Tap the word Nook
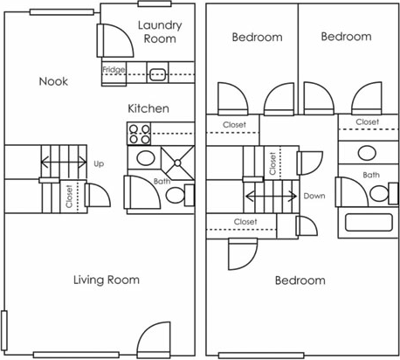pyautogui.click(x=53, y=81)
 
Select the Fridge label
pyautogui.click(x=113, y=70)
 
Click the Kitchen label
pyautogui.click(x=148, y=108)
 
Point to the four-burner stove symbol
pyautogui.click(x=139, y=134)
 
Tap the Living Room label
pyautogui.click(x=106, y=280)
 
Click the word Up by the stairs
pyautogui.click(x=98, y=163)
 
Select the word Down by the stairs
pyautogui.click(x=314, y=196)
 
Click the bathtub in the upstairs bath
pyautogui.click(x=371, y=222)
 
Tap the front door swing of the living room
pyautogui.click(x=154, y=339)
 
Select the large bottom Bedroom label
pyautogui.click(x=300, y=280)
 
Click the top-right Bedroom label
pyautogui.click(x=346, y=37)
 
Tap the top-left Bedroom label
pyautogui.click(x=257, y=37)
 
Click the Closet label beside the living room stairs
pyautogui.click(x=69, y=195)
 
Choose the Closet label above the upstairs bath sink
pyautogui.click(x=367, y=122)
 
